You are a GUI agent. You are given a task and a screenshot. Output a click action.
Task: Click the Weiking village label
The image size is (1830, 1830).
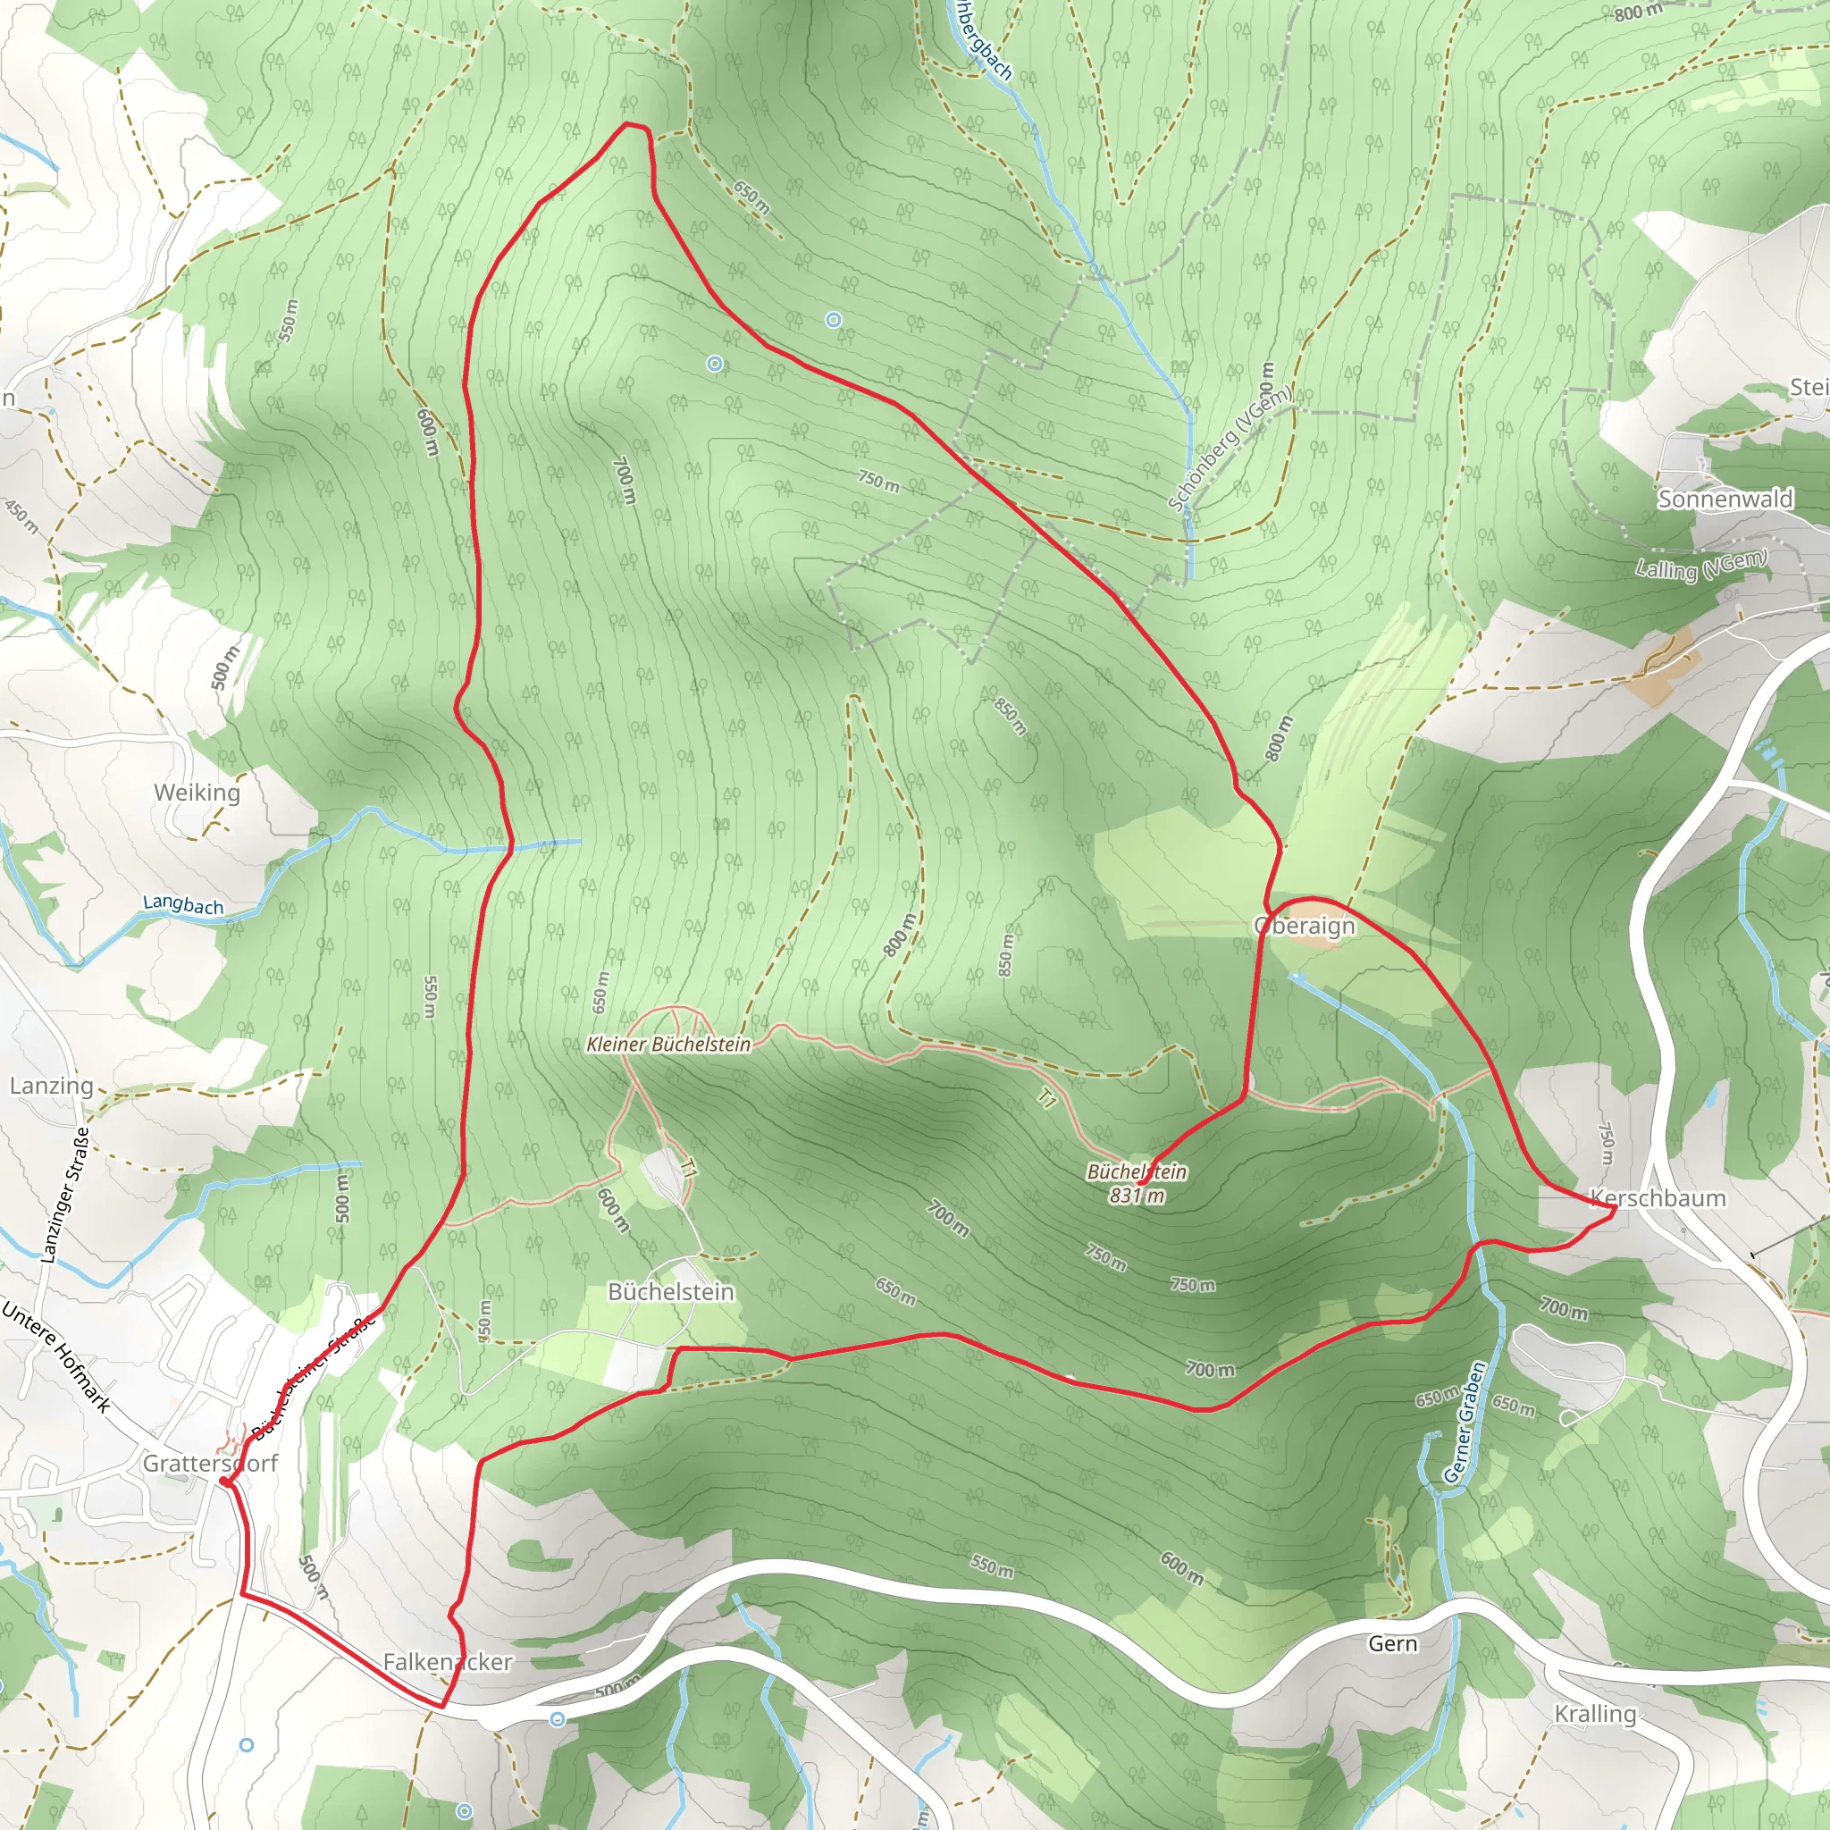tap(197, 792)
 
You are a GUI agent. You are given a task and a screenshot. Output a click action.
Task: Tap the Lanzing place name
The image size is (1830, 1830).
tap(51, 1086)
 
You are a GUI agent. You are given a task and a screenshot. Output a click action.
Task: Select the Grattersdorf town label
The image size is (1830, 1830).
tap(210, 1464)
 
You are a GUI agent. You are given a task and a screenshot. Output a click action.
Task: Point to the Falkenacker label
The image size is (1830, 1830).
tap(447, 1662)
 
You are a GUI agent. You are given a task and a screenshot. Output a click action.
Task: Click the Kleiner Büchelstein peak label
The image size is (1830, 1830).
tap(667, 1044)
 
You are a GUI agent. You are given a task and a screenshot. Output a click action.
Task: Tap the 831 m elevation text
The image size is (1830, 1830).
tap(1137, 1196)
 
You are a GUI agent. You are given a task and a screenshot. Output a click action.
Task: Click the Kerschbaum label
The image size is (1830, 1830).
tap(1658, 1198)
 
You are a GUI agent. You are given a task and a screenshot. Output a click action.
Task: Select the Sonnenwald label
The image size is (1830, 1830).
tap(1725, 499)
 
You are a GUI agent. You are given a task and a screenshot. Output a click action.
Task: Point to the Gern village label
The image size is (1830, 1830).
tap(1392, 1643)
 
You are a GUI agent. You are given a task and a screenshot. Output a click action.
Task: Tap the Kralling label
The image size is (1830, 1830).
tap(1595, 1714)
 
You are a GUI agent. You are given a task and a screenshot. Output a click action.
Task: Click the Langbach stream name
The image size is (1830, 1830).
tap(183, 904)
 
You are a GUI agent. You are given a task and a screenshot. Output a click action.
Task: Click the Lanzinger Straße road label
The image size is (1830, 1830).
tap(65, 1195)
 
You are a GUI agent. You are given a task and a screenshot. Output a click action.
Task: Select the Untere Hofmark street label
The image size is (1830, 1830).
tap(56, 1357)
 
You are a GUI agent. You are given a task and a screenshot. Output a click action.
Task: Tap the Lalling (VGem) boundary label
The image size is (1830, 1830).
tap(1701, 566)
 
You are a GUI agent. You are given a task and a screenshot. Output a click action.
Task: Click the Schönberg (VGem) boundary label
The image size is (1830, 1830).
tap(1229, 448)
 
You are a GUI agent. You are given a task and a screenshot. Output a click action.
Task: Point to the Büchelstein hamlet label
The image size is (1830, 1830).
tap(671, 1291)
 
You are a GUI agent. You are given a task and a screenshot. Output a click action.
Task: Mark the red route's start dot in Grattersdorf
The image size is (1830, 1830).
tap(223, 1481)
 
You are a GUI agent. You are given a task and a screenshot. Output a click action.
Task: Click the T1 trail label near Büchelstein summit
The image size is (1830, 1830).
tap(1045, 1099)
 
